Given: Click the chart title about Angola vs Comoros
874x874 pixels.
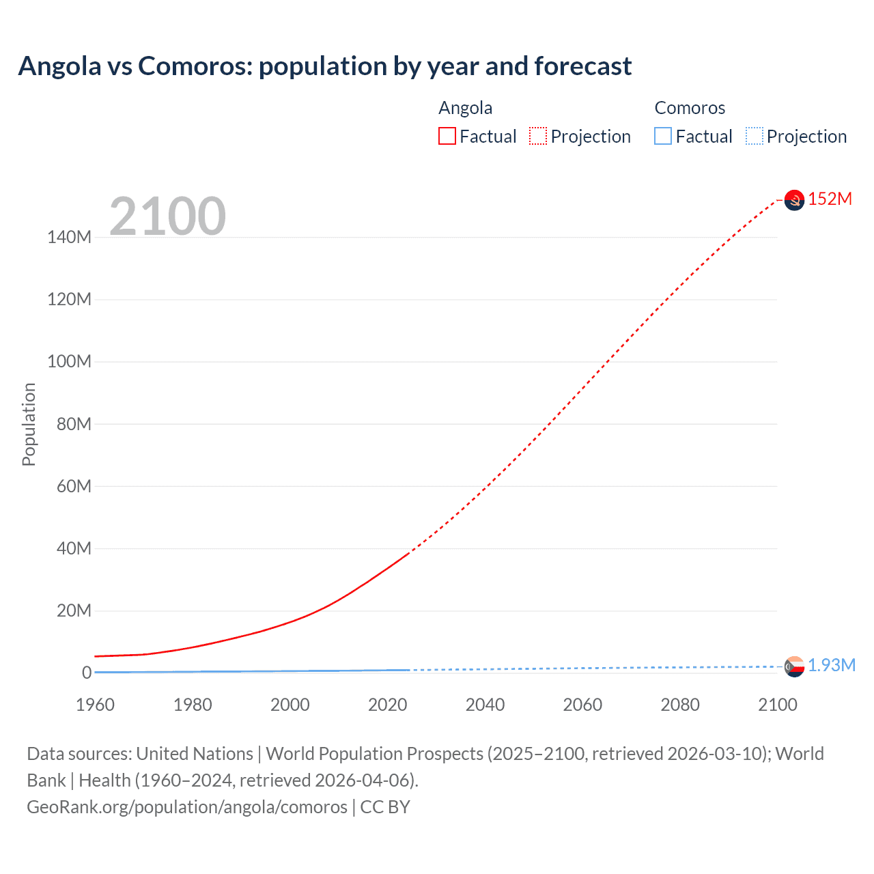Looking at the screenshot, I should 325,66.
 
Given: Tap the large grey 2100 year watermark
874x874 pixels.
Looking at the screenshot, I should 167,216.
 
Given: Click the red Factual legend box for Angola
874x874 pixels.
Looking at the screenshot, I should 447,136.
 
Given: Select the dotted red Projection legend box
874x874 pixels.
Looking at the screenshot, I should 538,136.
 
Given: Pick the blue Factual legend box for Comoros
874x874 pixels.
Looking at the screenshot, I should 663,136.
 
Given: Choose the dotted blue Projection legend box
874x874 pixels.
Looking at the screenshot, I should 755,136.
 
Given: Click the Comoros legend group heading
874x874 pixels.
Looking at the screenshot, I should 690,108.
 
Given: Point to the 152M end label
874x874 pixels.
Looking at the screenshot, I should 830,199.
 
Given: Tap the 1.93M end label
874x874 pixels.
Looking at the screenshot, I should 831,665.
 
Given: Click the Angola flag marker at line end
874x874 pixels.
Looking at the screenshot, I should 794,200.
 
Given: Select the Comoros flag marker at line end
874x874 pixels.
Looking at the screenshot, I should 794,666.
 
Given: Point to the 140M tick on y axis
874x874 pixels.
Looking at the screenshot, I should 69,237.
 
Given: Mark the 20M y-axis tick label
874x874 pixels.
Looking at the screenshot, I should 73,610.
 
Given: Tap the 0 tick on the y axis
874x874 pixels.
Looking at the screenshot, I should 87,673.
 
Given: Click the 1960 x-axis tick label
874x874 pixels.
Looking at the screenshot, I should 95,705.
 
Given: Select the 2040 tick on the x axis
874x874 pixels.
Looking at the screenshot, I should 485,705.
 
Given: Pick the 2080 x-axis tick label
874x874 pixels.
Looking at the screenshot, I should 680,705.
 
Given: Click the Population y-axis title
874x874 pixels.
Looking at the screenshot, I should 29,424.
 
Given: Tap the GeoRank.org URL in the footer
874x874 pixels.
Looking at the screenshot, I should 187,807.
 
